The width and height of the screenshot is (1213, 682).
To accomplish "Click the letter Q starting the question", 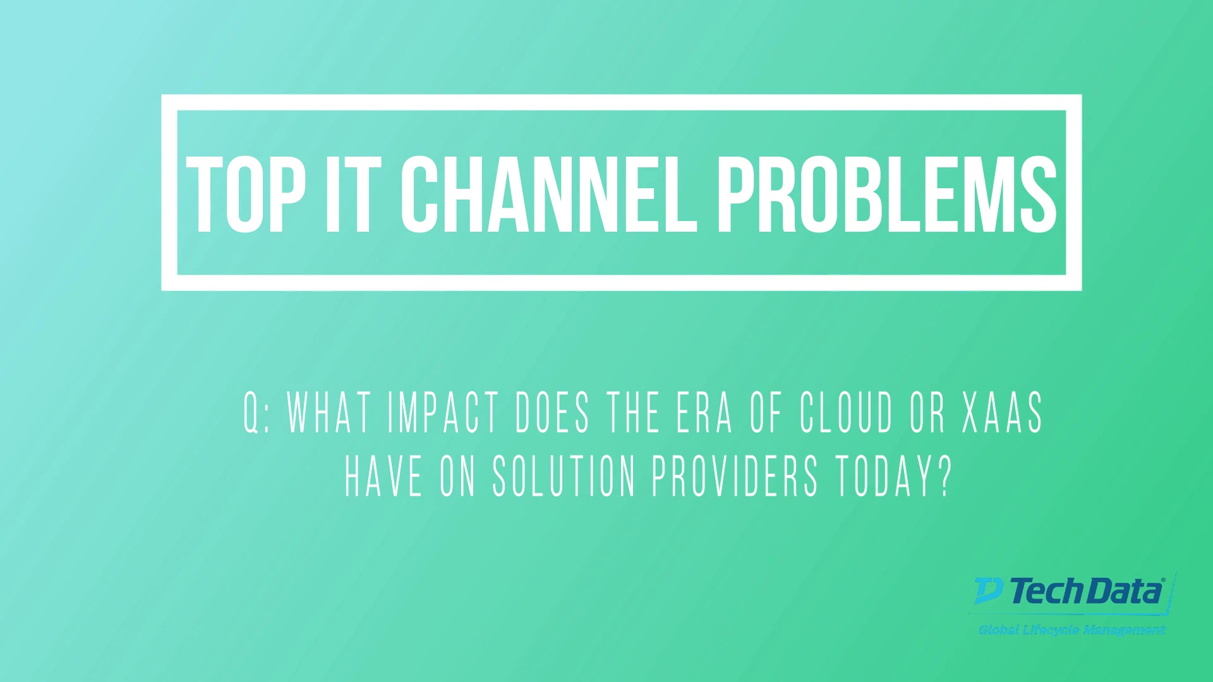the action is (251, 412).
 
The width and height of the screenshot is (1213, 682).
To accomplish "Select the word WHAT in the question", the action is (329, 412).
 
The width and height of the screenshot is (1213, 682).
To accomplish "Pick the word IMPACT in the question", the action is (444, 412).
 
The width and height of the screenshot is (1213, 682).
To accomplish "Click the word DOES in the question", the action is (553, 412).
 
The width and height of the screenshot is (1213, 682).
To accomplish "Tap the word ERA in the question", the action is (704, 412).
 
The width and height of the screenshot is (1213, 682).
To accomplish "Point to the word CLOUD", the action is (847, 412).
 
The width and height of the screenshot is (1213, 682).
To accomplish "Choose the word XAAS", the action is (1003, 412).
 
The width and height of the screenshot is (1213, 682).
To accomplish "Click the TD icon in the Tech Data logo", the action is (989, 590).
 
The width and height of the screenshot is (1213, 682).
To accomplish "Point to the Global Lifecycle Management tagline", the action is (1072, 630).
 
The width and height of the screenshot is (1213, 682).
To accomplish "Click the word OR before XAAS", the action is (928, 412).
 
